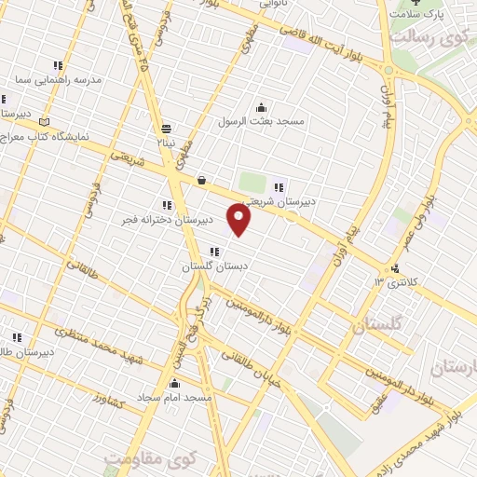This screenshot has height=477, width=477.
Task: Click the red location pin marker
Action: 240,220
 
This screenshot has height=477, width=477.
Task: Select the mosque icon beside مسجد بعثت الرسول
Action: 262,106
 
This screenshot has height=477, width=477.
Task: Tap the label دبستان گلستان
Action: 215,266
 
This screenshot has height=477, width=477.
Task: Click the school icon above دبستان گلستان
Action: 215,252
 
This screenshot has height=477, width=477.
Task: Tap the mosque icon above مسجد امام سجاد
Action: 174,383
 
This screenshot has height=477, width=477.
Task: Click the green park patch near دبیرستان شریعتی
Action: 252,182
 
